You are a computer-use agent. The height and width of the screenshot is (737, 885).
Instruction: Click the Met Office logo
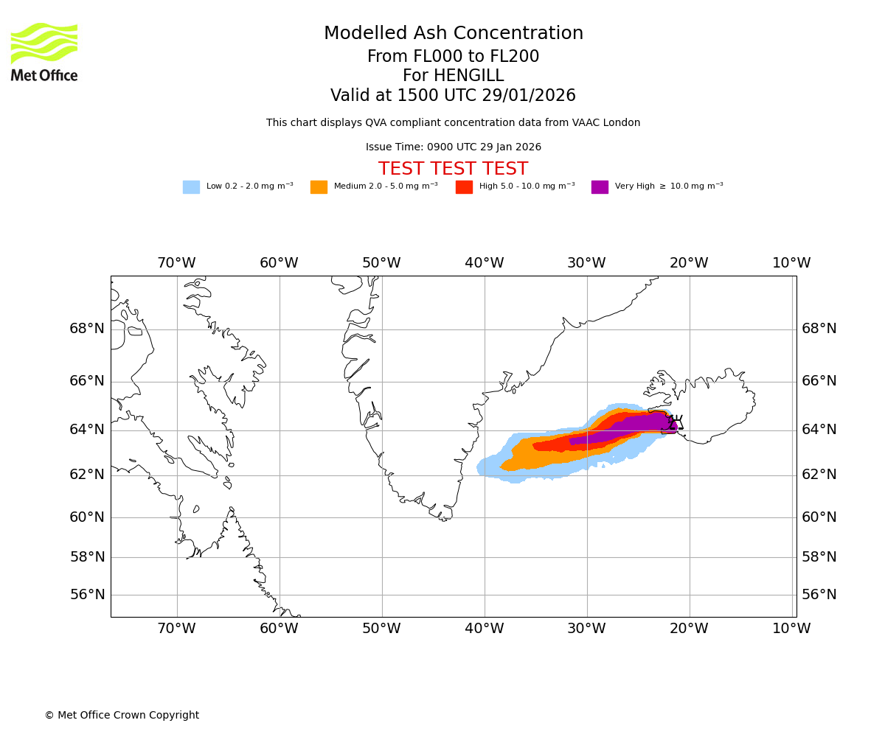pos(44,52)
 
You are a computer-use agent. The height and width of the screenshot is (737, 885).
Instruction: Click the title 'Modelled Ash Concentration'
pos(454,34)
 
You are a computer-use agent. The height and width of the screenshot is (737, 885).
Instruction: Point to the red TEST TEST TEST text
pos(453,169)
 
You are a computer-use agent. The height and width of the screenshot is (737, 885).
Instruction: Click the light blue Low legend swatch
pos(191,187)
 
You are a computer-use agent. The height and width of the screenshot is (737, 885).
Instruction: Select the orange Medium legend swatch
pos(319,187)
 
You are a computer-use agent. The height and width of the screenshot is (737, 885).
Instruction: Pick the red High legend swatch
pos(464,187)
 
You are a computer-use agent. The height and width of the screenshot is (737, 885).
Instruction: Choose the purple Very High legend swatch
pos(600,187)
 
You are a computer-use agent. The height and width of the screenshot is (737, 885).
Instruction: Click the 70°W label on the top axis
pos(176,263)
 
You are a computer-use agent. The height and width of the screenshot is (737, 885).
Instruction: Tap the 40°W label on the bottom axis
pos(485,629)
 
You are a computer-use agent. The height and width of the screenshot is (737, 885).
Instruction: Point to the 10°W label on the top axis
pos(791,263)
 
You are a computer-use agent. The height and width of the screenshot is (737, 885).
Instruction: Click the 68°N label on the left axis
pos(87,329)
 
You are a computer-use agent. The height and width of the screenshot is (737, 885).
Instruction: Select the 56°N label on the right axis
pos(819,595)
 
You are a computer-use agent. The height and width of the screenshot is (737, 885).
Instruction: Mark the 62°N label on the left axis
pos(87,475)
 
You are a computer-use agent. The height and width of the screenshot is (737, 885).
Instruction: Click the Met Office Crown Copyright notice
pos(122,716)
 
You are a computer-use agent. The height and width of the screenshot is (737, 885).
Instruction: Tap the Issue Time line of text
pos(454,147)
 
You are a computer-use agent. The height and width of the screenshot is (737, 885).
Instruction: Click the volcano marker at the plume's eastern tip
pos(673,424)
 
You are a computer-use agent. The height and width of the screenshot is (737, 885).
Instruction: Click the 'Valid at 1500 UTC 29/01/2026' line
pos(453,96)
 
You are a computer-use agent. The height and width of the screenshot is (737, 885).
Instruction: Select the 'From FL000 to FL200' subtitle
pos(453,57)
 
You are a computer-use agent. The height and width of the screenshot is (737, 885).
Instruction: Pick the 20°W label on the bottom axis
pos(689,629)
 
